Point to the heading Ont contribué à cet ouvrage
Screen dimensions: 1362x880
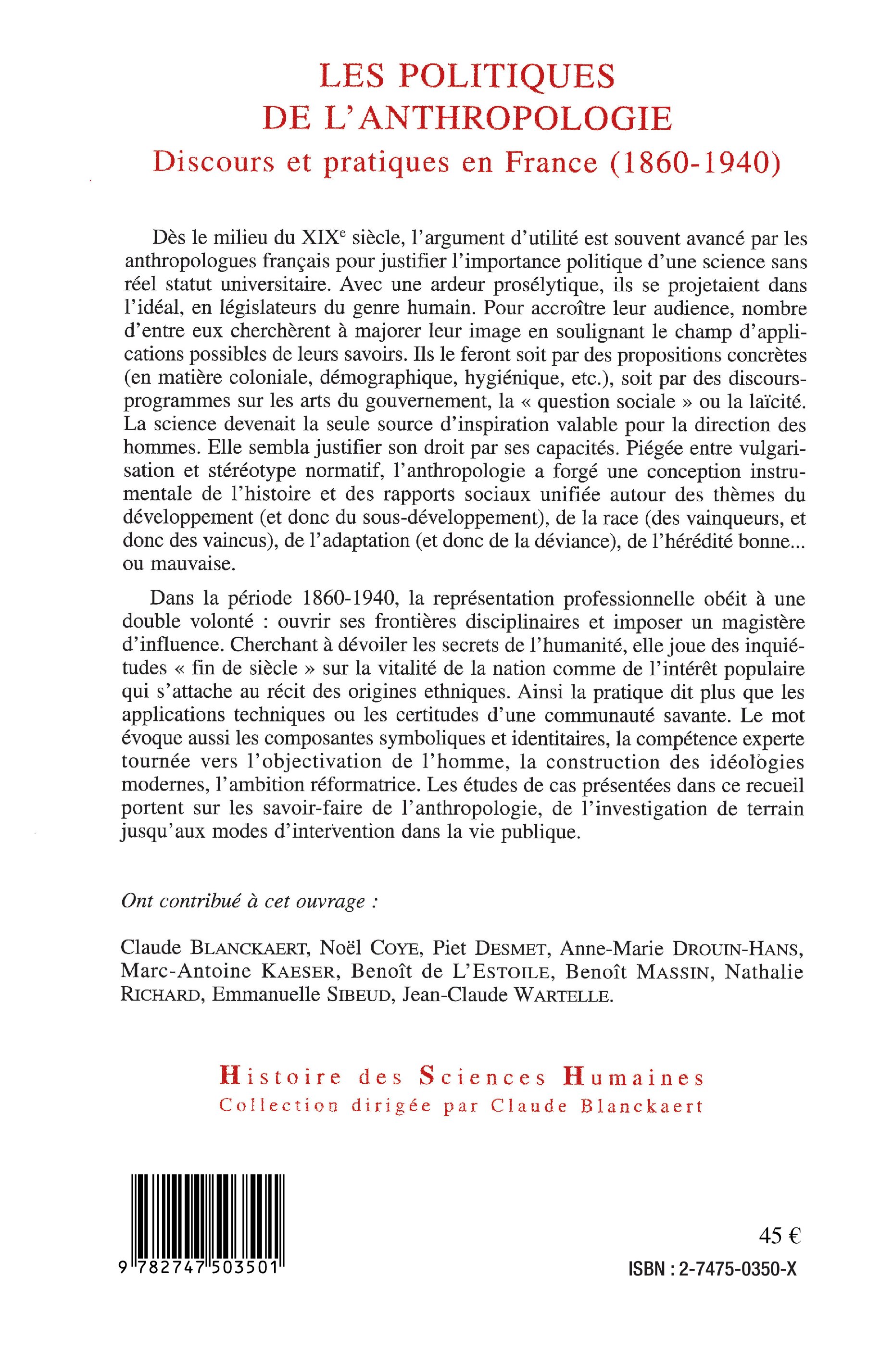[x=250, y=901]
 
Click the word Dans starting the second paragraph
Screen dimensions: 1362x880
[x=170, y=599]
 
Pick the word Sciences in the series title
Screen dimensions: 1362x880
[x=483, y=1077]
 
